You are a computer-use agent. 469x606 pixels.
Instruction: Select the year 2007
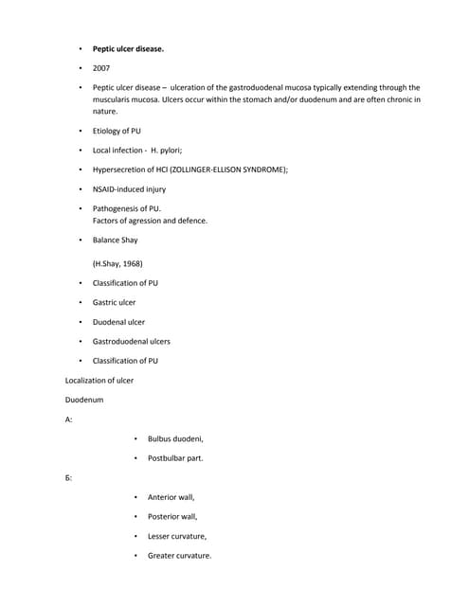tap(101, 68)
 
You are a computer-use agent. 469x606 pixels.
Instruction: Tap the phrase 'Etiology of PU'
tap(117, 131)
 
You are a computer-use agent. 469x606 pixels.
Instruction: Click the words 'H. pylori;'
tap(167, 150)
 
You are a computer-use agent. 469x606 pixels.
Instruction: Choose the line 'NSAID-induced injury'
tap(129, 188)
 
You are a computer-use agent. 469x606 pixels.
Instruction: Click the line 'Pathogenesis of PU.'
tap(127, 208)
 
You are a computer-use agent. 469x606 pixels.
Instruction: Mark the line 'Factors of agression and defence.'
tap(150, 221)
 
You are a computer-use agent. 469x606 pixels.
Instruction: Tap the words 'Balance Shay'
tap(115, 240)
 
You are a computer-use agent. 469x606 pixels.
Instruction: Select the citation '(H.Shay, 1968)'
tap(117, 263)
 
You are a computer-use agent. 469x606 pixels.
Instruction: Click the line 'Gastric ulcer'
tap(114, 302)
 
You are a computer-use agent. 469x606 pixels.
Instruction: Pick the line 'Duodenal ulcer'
tap(118, 322)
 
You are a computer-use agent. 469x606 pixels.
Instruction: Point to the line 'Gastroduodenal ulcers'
tap(132, 341)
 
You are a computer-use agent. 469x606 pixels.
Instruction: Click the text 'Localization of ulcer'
tap(99, 380)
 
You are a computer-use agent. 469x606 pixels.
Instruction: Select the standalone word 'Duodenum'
tap(84, 400)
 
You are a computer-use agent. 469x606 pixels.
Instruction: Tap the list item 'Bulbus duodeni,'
tap(175, 438)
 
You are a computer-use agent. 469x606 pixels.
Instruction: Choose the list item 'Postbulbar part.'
tap(175, 458)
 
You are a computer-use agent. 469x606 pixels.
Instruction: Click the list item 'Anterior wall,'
tap(171, 497)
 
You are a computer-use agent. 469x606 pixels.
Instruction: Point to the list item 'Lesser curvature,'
tap(177, 536)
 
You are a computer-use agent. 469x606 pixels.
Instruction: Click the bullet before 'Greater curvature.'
tap(136, 556)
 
